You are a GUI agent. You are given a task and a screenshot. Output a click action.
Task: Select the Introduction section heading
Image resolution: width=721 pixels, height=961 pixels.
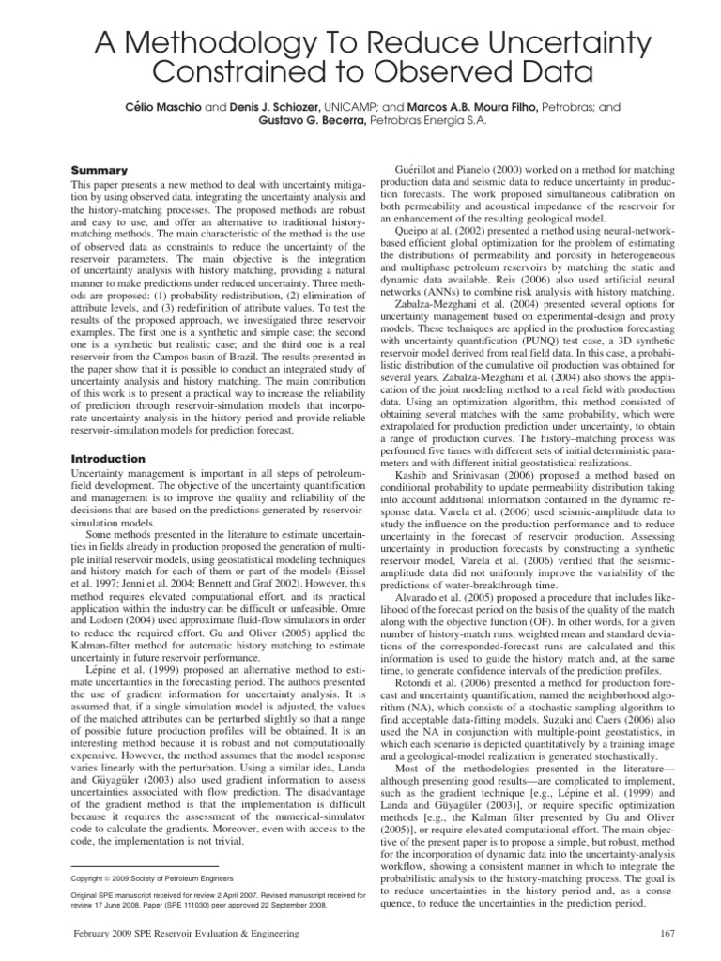(109, 459)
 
